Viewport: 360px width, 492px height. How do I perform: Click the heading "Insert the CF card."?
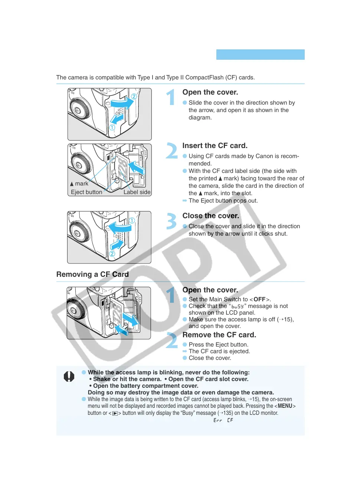click(215, 146)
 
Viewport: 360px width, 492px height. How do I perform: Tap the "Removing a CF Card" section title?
click(92, 275)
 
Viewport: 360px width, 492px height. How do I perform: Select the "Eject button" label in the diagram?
click(86, 192)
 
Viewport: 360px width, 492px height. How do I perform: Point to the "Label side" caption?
click(137, 192)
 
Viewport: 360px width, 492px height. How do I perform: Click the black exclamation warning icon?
click(69, 377)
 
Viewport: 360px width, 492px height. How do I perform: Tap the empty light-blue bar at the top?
click(260, 55)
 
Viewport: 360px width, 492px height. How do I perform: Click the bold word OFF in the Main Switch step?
click(259, 299)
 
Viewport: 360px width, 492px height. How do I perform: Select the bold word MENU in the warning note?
click(285, 406)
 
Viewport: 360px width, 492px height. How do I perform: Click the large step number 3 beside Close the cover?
click(171, 221)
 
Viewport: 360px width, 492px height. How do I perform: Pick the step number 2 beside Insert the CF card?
click(171, 151)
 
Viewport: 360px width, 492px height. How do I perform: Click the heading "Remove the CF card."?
click(219, 335)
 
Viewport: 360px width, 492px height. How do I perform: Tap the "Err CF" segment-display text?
click(223, 420)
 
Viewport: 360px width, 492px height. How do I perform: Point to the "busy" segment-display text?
click(238, 306)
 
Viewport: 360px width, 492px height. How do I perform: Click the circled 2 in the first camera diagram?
click(134, 96)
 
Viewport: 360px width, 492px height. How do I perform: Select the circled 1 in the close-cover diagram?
click(132, 220)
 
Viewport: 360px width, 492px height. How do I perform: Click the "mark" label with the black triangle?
click(79, 184)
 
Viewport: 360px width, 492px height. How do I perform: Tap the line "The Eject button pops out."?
click(223, 201)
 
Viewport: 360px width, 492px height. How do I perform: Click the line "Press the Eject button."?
click(218, 345)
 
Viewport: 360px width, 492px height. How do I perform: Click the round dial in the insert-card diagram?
click(79, 165)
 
